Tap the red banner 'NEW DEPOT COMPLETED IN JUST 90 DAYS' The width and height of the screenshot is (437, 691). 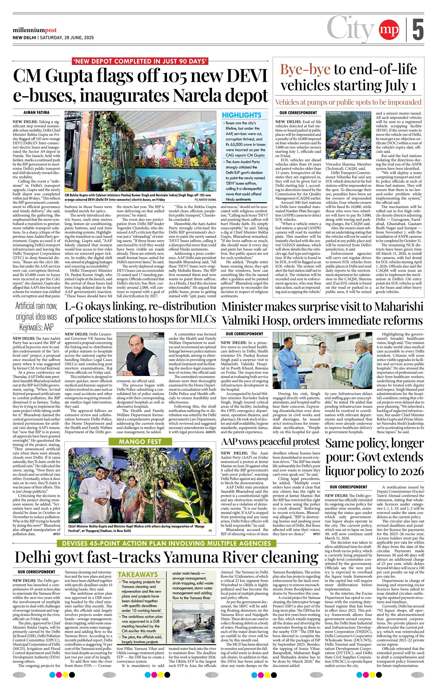(x=140, y=61)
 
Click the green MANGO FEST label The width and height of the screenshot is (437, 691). (x=140, y=442)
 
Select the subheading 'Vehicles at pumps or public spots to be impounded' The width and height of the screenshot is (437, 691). (x=348, y=102)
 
